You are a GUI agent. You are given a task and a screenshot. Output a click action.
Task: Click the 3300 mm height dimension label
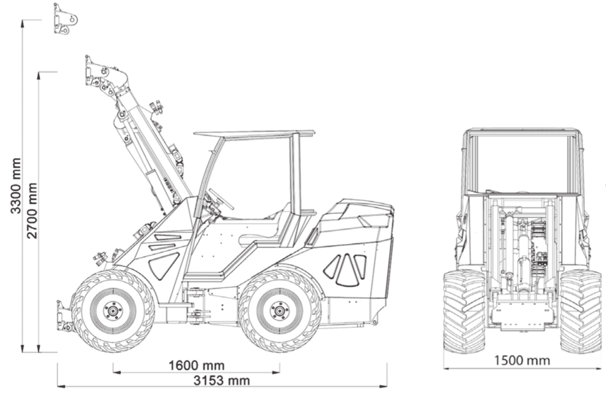[17, 186]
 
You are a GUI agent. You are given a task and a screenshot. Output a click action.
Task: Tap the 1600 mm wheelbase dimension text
[196, 365]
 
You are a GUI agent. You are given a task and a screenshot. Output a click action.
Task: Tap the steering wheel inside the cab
[221, 199]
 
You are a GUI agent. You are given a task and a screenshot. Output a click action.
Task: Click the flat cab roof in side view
[254, 134]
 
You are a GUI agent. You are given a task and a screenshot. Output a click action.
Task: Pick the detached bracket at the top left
[65, 19]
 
